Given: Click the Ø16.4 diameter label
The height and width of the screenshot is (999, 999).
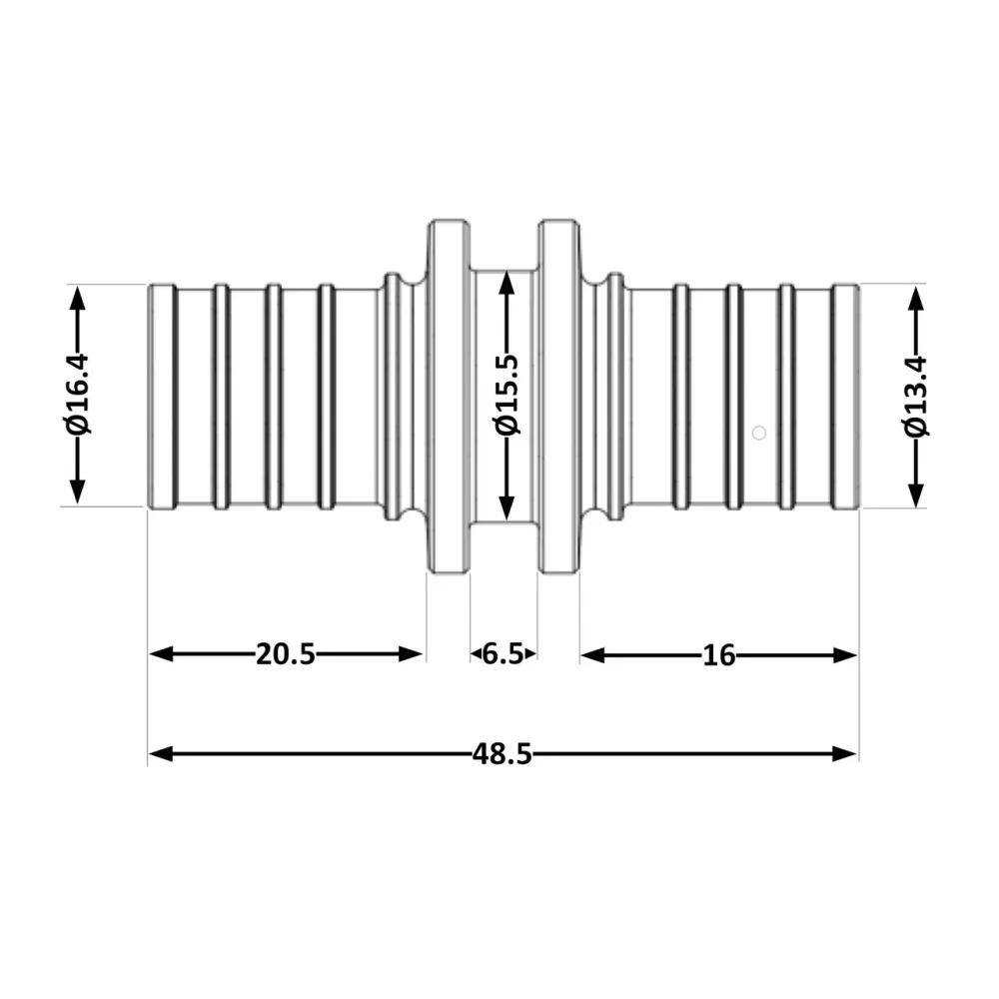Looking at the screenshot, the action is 78,395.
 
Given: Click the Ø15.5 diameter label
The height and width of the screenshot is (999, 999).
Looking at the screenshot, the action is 507,395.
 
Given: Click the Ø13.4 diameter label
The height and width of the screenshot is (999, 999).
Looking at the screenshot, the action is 916,397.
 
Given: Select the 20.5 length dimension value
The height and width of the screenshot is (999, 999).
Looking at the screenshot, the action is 286,654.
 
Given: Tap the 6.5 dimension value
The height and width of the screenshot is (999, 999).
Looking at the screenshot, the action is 502,654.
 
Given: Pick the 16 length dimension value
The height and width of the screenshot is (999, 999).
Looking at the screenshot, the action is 718,655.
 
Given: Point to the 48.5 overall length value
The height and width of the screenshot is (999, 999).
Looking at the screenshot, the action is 502,754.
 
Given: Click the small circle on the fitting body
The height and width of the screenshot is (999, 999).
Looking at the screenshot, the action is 759,433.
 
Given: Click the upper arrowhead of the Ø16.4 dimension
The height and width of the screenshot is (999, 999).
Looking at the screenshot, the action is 77,298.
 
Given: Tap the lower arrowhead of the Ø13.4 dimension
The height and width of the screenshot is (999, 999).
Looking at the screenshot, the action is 916,496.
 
